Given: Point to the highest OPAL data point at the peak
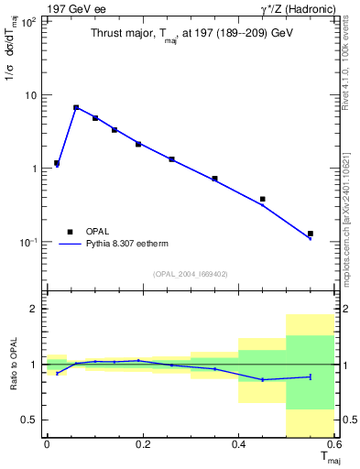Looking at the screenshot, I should coord(76,107).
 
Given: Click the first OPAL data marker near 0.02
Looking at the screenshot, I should coord(57,163).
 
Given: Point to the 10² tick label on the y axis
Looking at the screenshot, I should coord(29,21).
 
